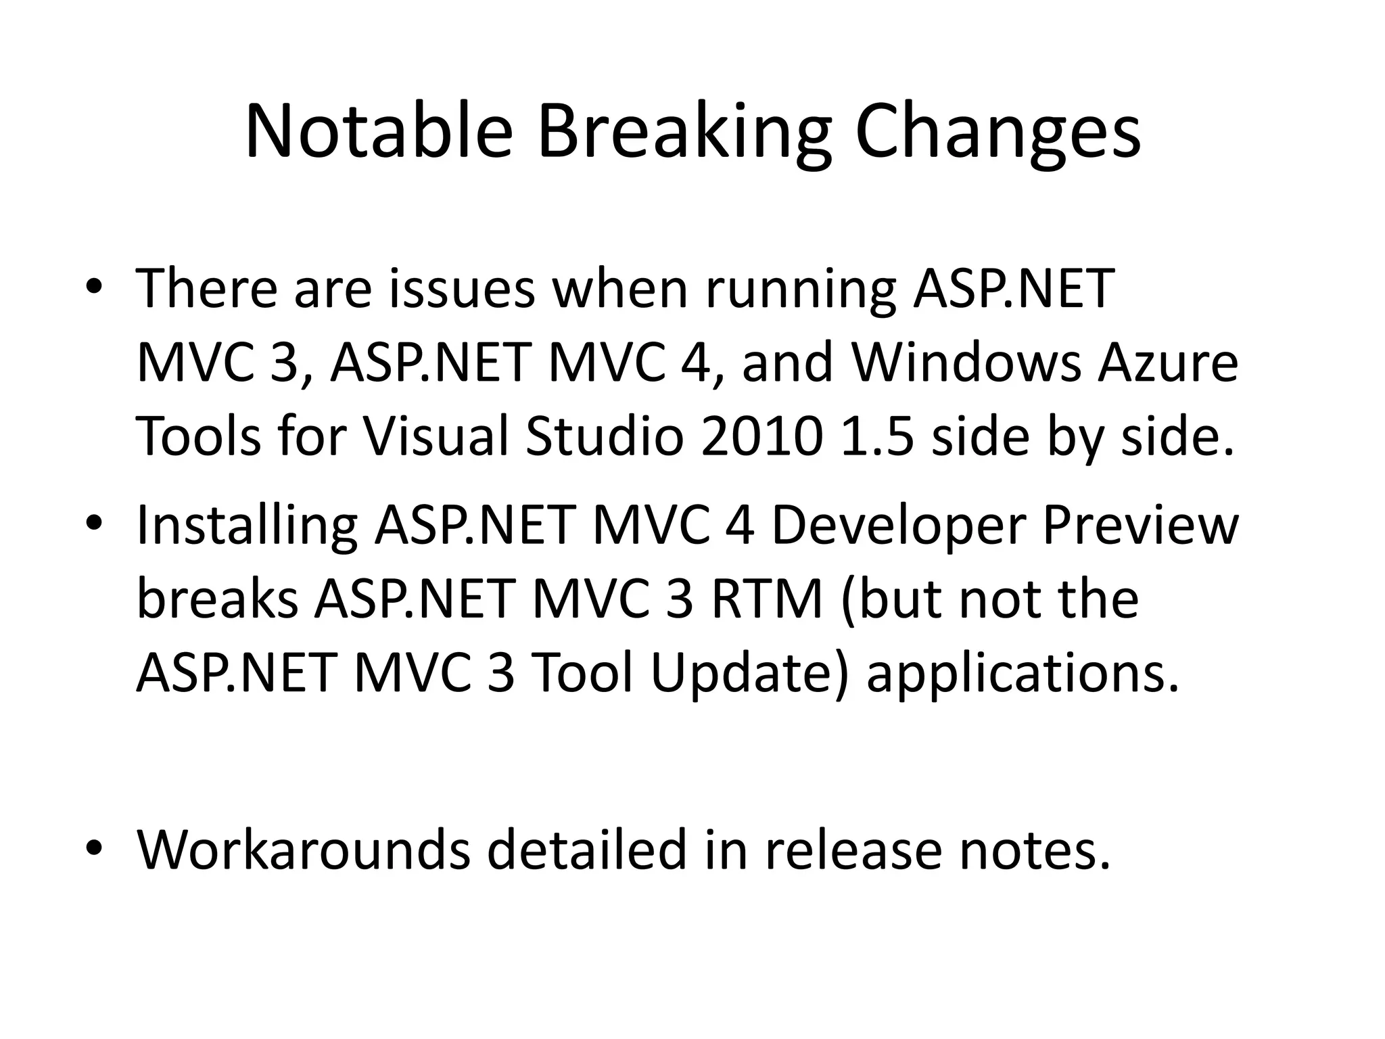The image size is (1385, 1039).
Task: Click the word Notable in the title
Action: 379,131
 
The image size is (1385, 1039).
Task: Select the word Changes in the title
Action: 997,131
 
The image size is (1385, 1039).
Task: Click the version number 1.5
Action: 878,436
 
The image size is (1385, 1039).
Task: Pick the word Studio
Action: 605,436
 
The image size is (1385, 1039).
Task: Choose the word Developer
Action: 899,525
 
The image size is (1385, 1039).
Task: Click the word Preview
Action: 1140,525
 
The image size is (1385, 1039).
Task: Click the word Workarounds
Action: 304,850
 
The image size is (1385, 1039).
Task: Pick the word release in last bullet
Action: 853,850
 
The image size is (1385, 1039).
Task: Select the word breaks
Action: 217,599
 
